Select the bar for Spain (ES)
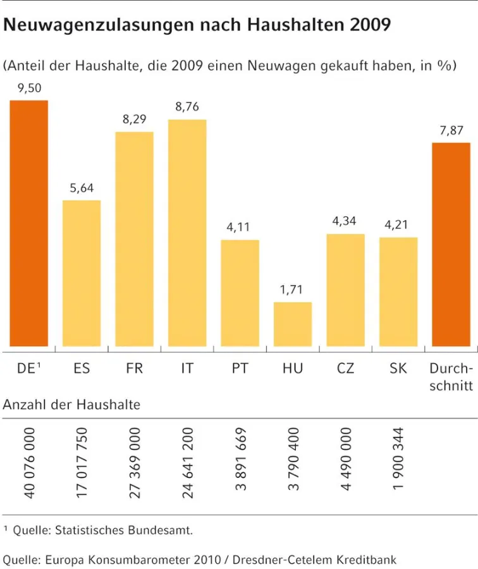(82, 273)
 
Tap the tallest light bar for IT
(187, 233)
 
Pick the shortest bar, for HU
(293, 324)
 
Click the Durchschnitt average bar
(451, 244)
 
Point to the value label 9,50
(28, 89)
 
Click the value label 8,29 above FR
(134, 119)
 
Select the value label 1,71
(293, 290)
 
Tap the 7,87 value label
(451, 131)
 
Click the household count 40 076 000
(29, 463)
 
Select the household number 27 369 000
(135, 463)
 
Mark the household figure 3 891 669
(240, 460)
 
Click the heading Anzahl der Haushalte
(71, 405)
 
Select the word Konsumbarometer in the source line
(135, 560)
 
